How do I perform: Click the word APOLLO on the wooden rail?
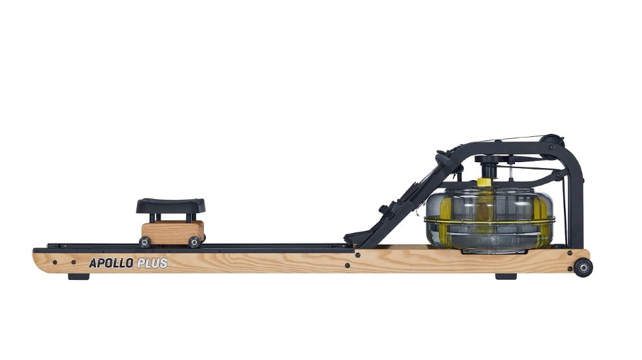pos(111,263)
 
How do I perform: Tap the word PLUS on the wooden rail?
pos(152,263)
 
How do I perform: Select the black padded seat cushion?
pos(171,205)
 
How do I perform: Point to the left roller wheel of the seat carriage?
pos(144,242)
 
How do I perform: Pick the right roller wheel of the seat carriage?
pos(194,242)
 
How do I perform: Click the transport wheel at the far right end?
pos(582,267)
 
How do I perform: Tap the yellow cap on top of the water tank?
pos(485,182)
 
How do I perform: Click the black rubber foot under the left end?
pos(78,275)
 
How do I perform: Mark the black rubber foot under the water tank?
pos(506,275)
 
